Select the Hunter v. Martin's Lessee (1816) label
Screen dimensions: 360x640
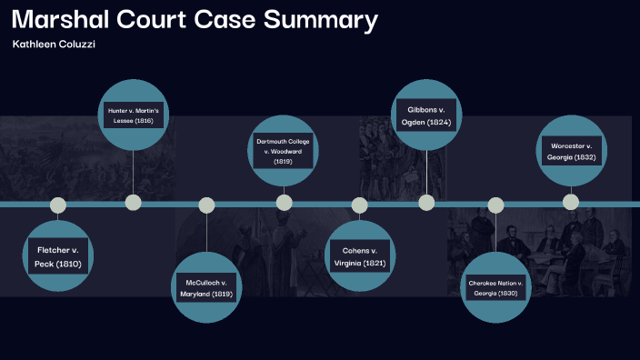133,115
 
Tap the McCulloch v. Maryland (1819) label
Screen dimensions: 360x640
206,288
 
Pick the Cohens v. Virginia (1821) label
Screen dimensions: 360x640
359,256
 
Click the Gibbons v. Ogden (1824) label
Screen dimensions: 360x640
425,115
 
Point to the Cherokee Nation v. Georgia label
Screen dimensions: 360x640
495,288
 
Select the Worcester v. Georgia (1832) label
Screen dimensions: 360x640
571,151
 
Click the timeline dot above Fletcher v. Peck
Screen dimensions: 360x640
58,205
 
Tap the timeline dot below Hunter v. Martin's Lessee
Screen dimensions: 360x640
133,202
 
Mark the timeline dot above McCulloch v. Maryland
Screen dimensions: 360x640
206,205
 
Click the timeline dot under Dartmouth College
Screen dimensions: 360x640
284,202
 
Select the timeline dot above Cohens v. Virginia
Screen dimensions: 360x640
359,205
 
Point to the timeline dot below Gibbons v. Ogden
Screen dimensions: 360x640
425,202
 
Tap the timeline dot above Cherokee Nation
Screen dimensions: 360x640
495,205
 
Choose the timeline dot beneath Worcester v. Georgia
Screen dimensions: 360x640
571,202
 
